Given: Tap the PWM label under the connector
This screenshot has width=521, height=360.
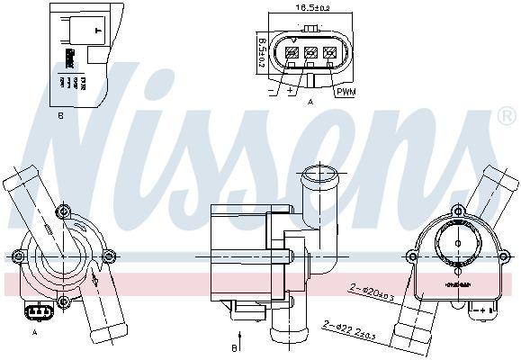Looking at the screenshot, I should (345, 92).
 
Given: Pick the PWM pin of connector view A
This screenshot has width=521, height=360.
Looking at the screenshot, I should (330, 53).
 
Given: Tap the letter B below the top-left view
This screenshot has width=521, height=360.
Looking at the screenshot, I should (61, 114).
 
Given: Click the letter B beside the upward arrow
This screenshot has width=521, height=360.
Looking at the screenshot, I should (232, 346).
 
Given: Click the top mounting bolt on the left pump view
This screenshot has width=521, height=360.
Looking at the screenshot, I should (62, 213).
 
